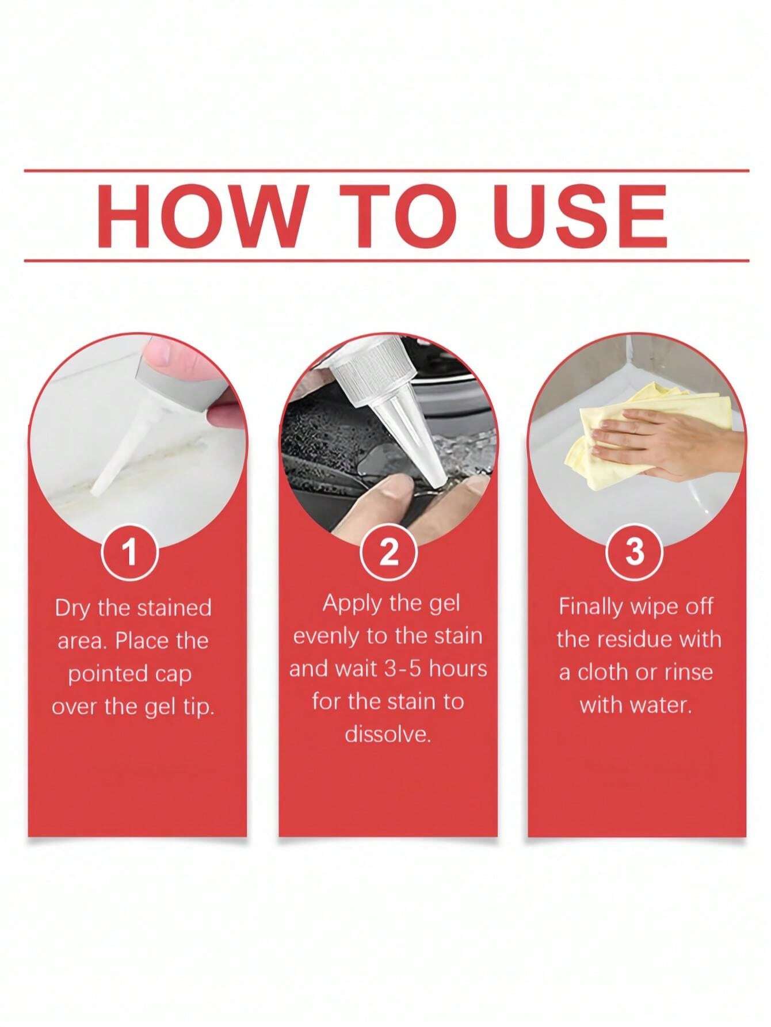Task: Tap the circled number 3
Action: tap(635, 551)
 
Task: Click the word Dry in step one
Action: tap(74, 609)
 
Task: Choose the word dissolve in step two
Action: tap(388, 734)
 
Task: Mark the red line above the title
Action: tap(386, 170)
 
